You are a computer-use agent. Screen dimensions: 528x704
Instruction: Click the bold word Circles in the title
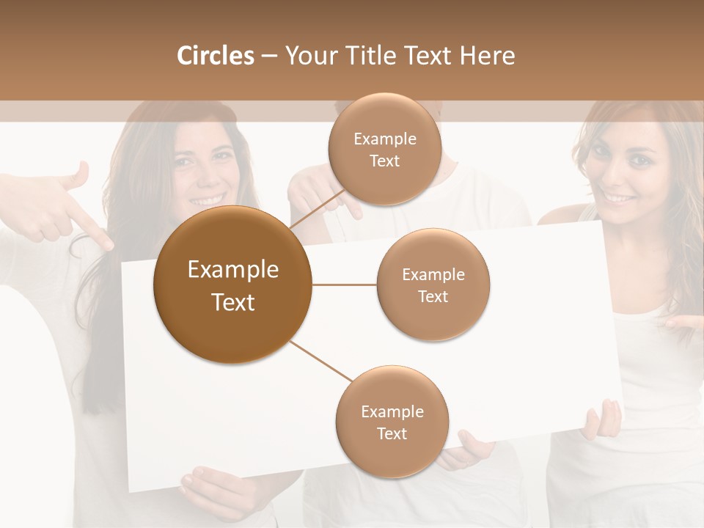point(215,56)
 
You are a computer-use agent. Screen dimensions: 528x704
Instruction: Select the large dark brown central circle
point(232,285)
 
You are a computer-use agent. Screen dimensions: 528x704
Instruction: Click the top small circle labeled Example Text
point(384,150)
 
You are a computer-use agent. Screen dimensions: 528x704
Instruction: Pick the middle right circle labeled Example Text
point(433,285)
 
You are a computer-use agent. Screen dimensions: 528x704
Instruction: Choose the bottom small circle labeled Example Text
point(392,422)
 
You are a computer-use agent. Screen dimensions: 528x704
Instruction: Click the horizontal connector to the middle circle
point(344,285)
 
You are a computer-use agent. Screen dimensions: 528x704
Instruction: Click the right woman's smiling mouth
point(620,199)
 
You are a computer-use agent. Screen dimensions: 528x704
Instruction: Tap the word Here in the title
point(488,56)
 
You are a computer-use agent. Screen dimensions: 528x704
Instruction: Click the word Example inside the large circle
point(232,270)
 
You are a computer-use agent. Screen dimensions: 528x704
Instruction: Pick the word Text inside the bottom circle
point(392,434)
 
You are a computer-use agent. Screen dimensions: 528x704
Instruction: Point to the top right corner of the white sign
point(600,221)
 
